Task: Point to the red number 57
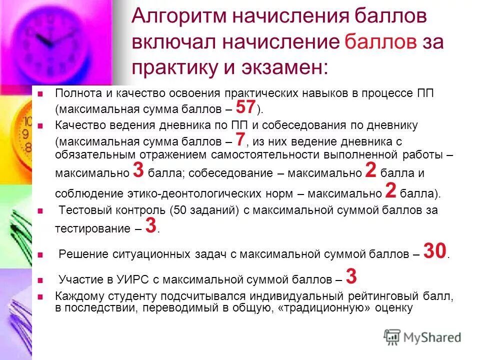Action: tap(245, 107)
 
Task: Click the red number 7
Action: tap(240, 138)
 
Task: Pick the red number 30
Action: tap(434, 251)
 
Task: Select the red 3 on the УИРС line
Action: tap(351, 276)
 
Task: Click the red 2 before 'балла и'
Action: tap(370, 170)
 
